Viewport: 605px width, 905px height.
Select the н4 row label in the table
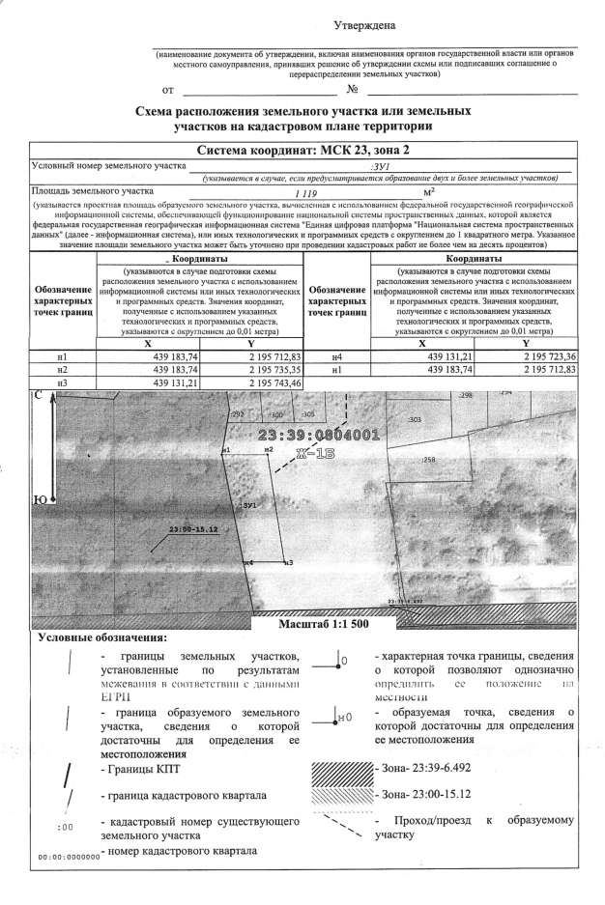tap(337, 357)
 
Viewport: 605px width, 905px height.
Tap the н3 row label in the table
tap(63, 382)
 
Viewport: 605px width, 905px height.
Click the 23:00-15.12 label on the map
tap(191, 529)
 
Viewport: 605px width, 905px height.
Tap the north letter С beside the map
tap(38, 396)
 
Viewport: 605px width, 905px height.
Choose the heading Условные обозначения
tap(101, 638)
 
